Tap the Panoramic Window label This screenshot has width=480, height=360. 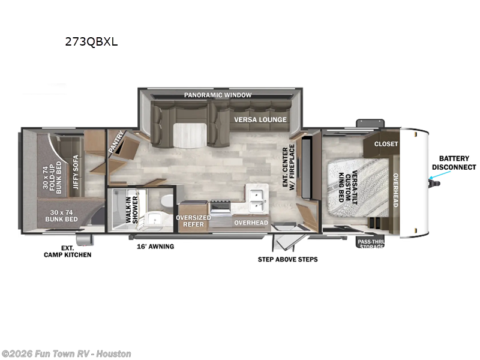pos(218,95)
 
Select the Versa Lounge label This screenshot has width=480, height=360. pos(260,119)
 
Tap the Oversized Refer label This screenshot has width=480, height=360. pos(193,221)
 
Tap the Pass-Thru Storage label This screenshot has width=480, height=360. pos(370,243)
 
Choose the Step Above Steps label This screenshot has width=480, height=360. pos(288,259)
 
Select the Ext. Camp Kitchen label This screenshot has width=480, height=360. pos(68,251)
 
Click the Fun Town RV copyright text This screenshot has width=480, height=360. pos(66,353)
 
